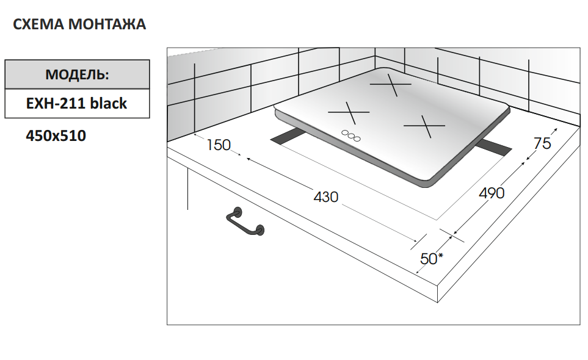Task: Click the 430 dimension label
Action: tap(326, 197)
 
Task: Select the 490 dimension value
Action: tap(492, 193)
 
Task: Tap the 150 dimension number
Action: tap(219, 145)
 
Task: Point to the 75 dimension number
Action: tap(542, 143)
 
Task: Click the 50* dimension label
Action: tap(432, 259)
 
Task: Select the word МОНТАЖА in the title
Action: tap(107, 24)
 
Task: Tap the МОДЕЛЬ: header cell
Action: tap(78, 74)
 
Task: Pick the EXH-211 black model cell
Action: tap(78, 103)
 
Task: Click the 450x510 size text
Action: tap(56, 135)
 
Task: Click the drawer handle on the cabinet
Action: tap(245, 223)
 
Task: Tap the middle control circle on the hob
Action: tap(351, 136)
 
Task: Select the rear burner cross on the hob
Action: tap(391, 85)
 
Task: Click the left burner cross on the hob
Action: tap(349, 112)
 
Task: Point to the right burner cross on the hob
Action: tap(424, 126)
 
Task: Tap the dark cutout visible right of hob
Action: tap(495, 147)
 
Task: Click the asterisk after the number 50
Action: tap(440, 255)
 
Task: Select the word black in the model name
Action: tap(108, 103)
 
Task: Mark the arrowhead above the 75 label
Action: tap(555, 130)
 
